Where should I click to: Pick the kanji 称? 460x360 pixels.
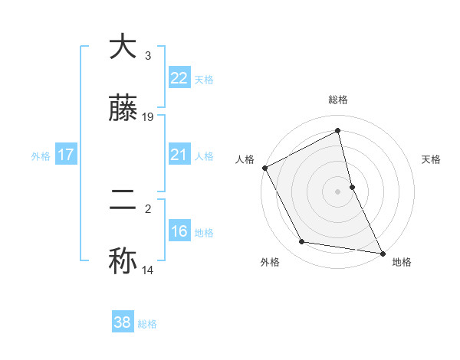tap(123, 260)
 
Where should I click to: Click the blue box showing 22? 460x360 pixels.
tap(179, 77)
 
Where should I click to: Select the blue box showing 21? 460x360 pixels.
tap(179, 154)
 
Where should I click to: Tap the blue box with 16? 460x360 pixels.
tap(179, 231)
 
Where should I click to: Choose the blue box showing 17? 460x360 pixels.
tap(66, 155)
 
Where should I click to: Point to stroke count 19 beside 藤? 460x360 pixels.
tap(148, 117)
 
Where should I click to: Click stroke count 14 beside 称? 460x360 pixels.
tap(148, 270)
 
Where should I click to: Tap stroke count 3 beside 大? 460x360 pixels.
tap(148, 55)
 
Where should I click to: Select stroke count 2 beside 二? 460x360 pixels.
tap(148, 208)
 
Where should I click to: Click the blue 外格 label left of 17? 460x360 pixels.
tap(41, 155)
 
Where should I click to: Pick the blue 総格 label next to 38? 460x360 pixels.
tap(147, 324)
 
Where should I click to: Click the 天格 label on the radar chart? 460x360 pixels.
tap(432, 160)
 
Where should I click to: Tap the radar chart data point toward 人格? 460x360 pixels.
tap(264, 168)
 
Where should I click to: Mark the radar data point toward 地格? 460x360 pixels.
tap(382, 253)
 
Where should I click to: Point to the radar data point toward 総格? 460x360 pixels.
tap(338, 131)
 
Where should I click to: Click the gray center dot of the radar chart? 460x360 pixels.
tap(338, 191)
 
